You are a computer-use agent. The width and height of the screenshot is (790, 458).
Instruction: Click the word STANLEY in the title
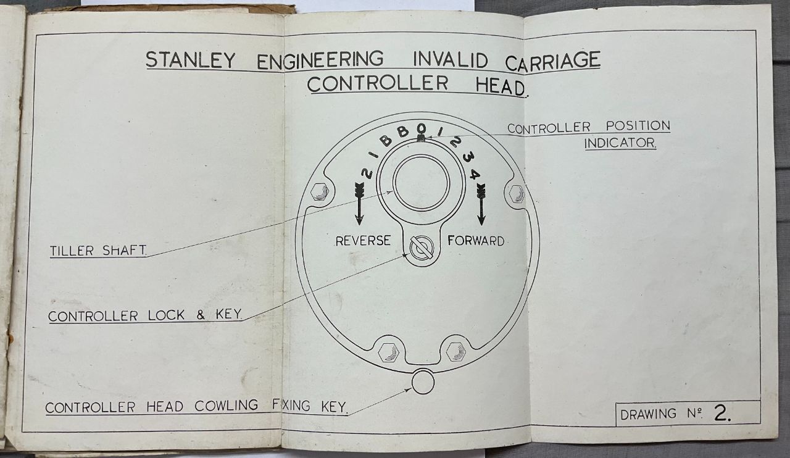click(191, 60)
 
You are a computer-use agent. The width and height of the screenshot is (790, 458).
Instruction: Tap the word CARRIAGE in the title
click(552, 61)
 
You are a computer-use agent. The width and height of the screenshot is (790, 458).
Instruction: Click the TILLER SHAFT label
click(98, 251)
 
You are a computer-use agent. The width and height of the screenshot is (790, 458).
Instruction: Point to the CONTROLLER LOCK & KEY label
click(145, 315)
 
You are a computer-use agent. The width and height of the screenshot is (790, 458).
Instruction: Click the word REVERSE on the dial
click(363, 241)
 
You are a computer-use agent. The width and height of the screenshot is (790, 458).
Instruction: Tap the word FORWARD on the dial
click(475, 241)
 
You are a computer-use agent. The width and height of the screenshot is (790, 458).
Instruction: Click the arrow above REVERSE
click(359, 204)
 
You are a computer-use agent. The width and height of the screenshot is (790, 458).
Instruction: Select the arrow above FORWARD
click(481, 204)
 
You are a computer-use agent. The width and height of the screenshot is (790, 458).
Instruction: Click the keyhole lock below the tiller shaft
click(422, 248)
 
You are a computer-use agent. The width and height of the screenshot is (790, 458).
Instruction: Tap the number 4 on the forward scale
click(475, 174)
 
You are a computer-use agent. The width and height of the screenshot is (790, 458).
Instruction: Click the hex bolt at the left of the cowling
click(320, 193)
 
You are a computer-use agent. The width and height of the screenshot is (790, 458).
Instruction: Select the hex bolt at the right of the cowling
click(517, 194)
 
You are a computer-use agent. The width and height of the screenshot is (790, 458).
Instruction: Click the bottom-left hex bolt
click(388, 352)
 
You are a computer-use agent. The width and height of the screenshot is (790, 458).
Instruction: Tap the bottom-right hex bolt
click(456, 352)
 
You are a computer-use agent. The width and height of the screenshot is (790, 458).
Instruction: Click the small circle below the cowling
click(423, 382)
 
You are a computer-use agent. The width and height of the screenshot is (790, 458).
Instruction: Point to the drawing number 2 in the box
click(721, 413)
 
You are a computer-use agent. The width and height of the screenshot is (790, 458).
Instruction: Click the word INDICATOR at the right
click(620, 143)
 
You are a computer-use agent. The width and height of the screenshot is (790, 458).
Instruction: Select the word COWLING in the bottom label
click(226, 406)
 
